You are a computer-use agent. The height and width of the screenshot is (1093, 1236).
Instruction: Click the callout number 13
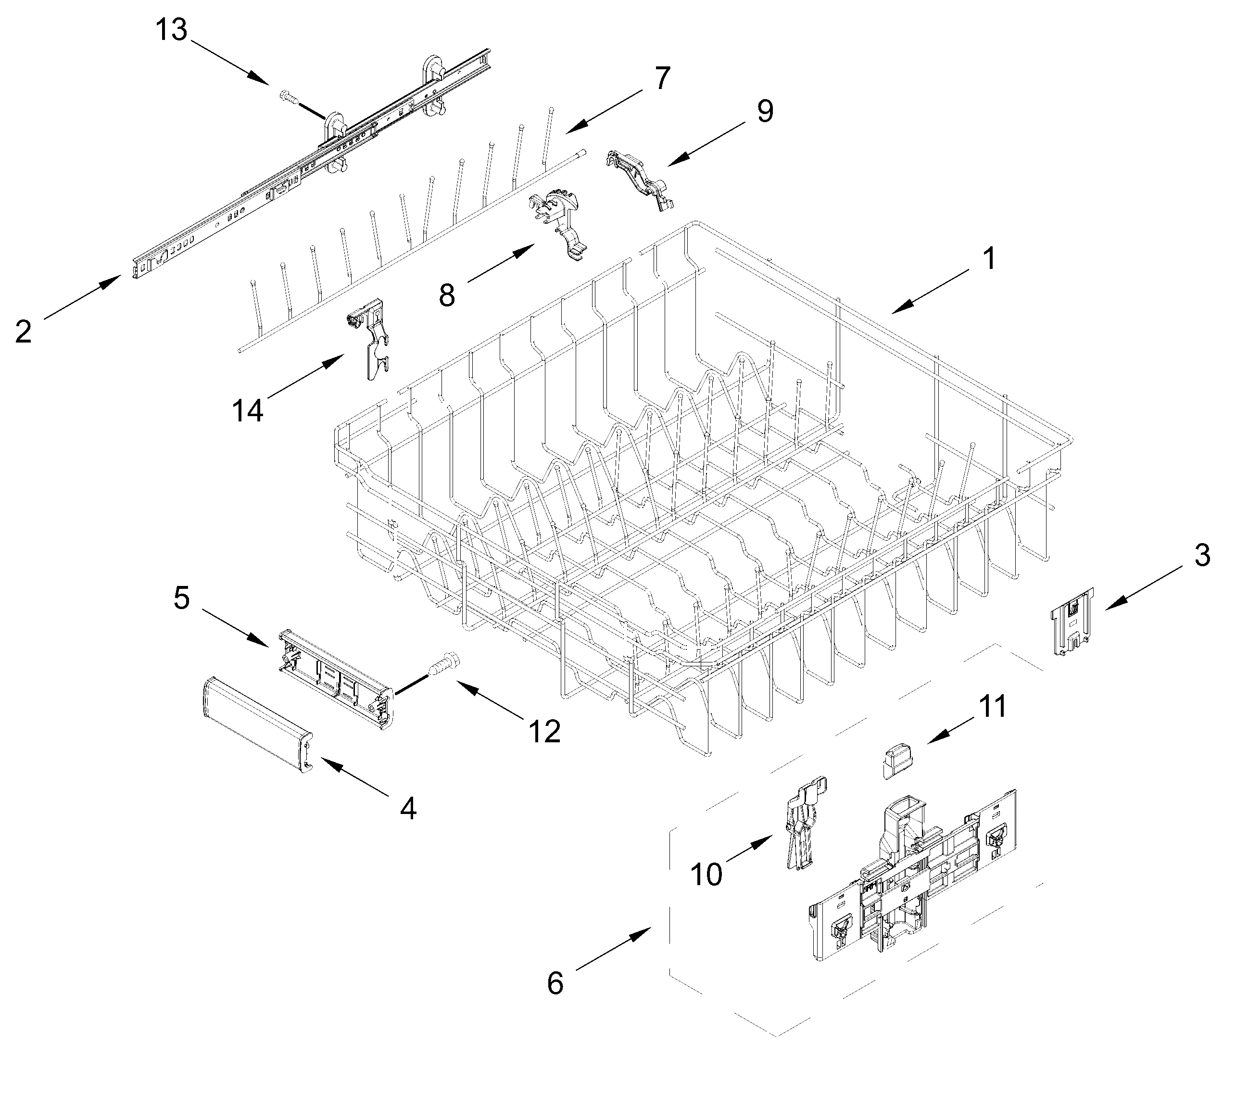pos(172,30)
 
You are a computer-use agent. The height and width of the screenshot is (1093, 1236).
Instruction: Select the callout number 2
pos(23,332)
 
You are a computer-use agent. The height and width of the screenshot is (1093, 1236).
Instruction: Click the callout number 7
pos(663,78)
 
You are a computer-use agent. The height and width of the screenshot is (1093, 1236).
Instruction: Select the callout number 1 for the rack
pos(988,259)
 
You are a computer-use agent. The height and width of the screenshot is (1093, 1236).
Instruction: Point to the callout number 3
pos(1201,555)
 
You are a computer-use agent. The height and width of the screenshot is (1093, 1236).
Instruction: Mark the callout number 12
pos(544,731)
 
